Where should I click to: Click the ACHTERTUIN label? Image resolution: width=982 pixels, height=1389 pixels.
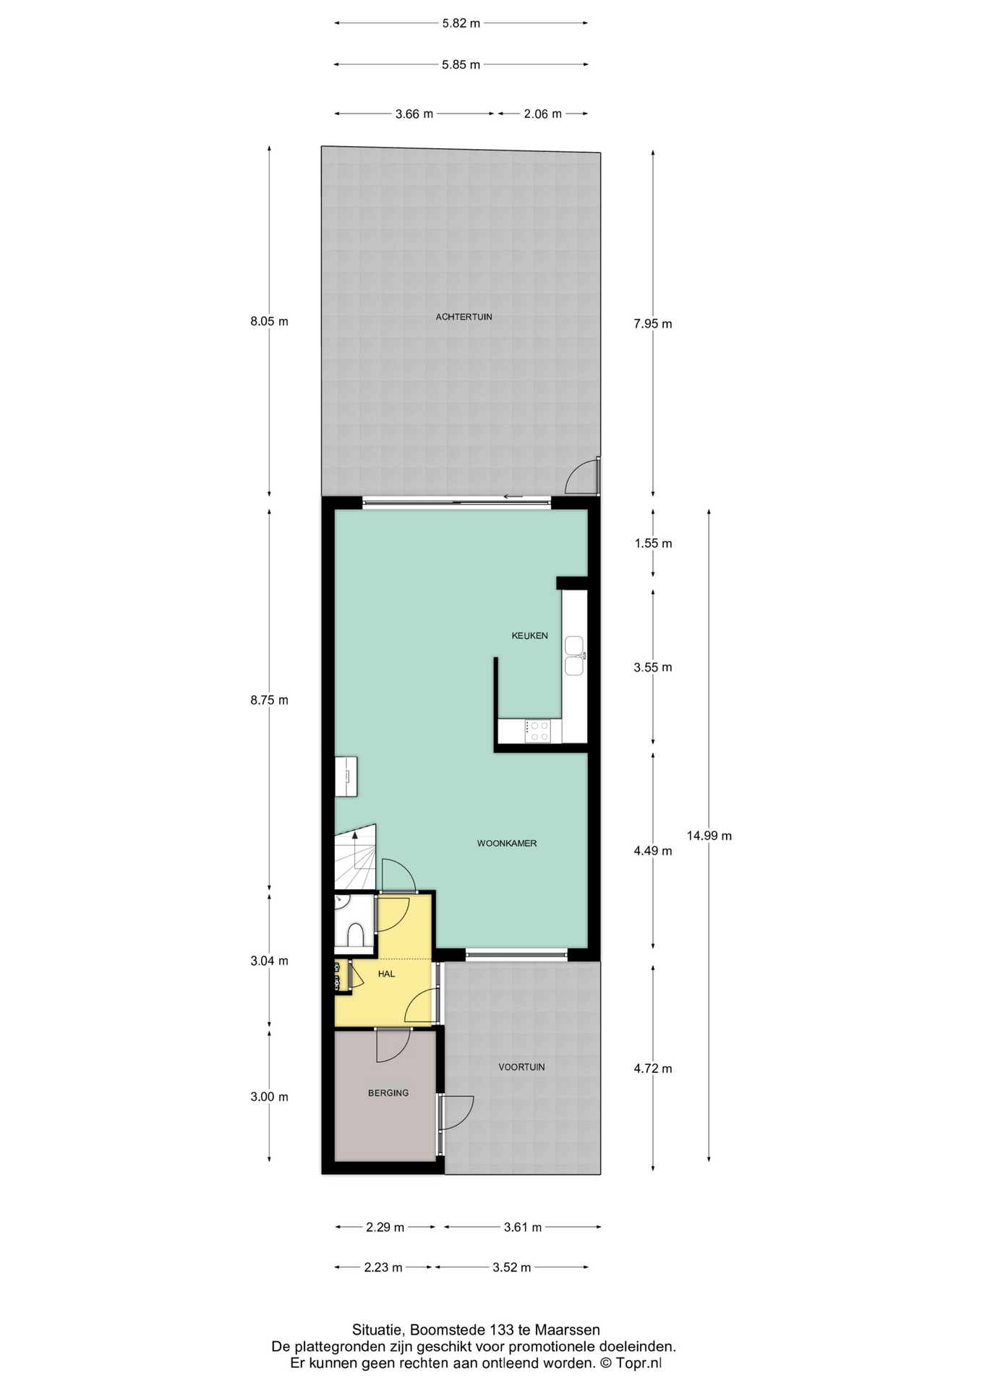coord(464,317)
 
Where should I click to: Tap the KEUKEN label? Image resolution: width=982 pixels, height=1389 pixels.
coord(529,636)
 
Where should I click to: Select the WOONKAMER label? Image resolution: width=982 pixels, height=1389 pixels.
coord(506,844)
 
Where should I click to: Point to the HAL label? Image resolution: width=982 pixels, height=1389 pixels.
coord(386,974)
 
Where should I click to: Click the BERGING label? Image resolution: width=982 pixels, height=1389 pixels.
coord(388,1093)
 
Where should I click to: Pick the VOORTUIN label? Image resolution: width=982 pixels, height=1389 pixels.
coord(521,1067)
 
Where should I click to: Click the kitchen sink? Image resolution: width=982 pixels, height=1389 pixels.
coord(574,655)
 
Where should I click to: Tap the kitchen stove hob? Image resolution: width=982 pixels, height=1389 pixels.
coord(538,731)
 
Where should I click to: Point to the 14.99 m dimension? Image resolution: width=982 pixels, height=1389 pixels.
coord(709,836)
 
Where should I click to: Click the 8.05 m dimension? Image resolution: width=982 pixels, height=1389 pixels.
coord(269,321)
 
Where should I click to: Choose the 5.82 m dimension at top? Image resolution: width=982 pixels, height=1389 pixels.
coord(461,23)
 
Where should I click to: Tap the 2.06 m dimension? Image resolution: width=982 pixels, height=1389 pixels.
coord(542,114)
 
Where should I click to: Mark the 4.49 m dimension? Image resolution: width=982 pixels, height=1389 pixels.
coord(653,851)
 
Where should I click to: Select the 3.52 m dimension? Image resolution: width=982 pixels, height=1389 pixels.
coord(511,1267)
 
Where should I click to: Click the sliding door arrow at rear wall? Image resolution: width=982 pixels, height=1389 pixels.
coord(513,497)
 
